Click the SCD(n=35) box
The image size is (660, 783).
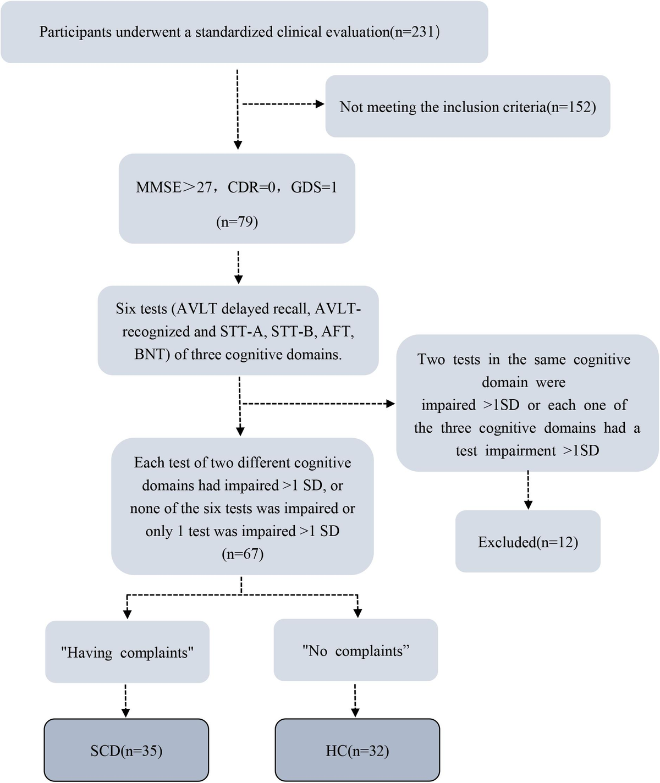coord(127,751)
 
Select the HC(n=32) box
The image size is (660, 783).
coord(358,751)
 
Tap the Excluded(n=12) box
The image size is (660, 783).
coord(528,542)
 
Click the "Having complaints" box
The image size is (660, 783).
coord(127,652)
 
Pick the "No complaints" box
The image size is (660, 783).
coord(356,650)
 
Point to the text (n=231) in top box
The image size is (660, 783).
coord(415,32)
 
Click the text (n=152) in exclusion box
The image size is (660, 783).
coord(571,107)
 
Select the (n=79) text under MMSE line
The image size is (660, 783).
coord(237,222)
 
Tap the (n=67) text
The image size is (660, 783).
coord(243,554)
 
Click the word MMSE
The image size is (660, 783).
coord(158,188)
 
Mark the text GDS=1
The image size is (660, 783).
coord(314,188)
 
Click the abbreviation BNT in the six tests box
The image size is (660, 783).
coord(150,355)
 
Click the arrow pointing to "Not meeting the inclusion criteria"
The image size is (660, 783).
coord(283,104)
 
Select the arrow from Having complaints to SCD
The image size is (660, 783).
coord(126,701)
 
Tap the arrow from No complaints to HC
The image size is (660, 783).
coord(355,701)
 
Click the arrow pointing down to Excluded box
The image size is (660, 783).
coord(528,490)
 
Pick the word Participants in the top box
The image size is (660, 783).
coord(74,32)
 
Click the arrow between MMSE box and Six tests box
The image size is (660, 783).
coord(238,267)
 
